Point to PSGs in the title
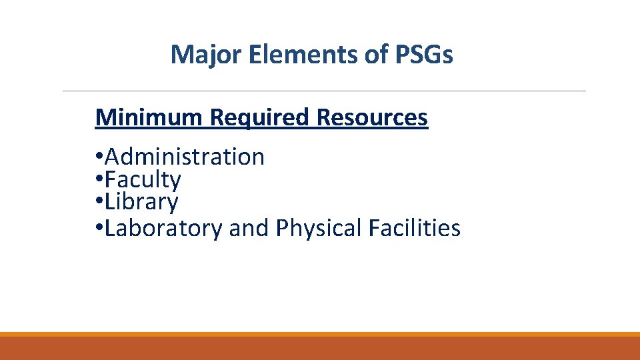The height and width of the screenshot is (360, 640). click(423, 55)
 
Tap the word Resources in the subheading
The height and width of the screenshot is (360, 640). click(372, 117)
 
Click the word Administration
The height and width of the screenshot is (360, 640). click(185, 157)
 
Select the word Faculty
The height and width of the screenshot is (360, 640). click(143, 180)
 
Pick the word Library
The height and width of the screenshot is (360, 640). click(141, 202)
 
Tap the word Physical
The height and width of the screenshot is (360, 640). click(319, 228)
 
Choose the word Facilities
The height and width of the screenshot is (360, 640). click(414, 228)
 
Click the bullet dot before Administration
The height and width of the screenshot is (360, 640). click(99, 158)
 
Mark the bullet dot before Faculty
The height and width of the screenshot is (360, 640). click(99, 181)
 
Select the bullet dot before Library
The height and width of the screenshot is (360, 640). click(99, 203)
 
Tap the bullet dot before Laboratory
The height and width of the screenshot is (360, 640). click(99, 229)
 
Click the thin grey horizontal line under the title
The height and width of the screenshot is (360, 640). click(324, 91)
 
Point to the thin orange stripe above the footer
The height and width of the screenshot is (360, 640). click(320, 334)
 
